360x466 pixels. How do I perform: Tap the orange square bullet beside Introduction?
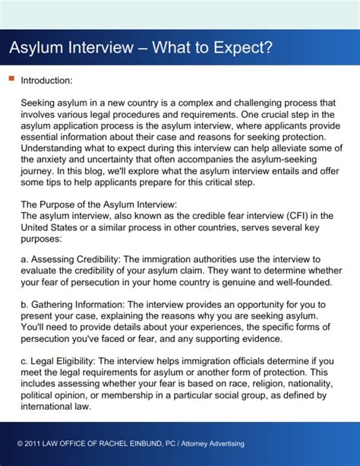point(11,78)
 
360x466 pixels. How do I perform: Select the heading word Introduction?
point(47,80)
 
